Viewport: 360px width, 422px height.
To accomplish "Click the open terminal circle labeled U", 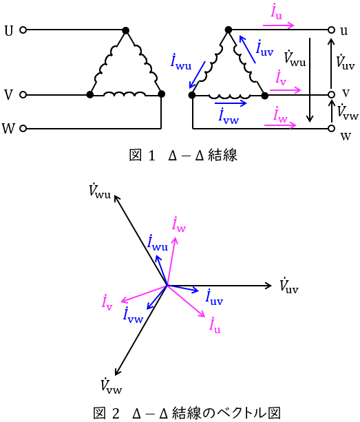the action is click(x=23, y=30).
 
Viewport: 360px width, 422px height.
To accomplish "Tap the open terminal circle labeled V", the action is click(x=23, y=95).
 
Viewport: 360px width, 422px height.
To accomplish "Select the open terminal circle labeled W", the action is click(x=23, y=128).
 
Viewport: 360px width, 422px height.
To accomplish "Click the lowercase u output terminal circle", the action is click(x=332, y=30).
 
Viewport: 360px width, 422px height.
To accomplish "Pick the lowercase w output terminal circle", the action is click(x=332, y=128).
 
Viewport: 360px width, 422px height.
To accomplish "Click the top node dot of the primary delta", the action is click(x=125, y=30).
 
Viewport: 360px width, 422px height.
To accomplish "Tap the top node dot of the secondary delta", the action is click(x=228, y=30).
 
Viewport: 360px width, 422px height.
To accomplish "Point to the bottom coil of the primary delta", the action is click(x=125, y=94).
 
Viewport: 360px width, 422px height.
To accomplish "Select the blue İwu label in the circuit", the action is click(x=181, y=62).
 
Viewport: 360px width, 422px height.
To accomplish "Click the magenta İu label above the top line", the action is click(x=277, y=12).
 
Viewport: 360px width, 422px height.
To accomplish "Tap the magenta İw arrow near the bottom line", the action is click(x=280, y=125).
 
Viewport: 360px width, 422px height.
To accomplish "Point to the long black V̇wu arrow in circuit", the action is click(x=310, y=80).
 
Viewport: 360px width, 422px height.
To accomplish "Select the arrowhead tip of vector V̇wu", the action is click(x=115, y=196).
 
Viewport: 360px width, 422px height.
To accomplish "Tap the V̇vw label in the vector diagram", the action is click(x=112, y=385).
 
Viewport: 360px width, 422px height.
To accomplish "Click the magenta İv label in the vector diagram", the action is click(x=107, y=302).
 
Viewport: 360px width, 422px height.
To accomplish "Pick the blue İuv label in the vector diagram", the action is click(x=214, y=297).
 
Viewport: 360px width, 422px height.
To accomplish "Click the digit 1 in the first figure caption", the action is click(x=151, y=156).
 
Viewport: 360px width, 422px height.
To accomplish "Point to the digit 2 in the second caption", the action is click(x=116, y=413).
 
